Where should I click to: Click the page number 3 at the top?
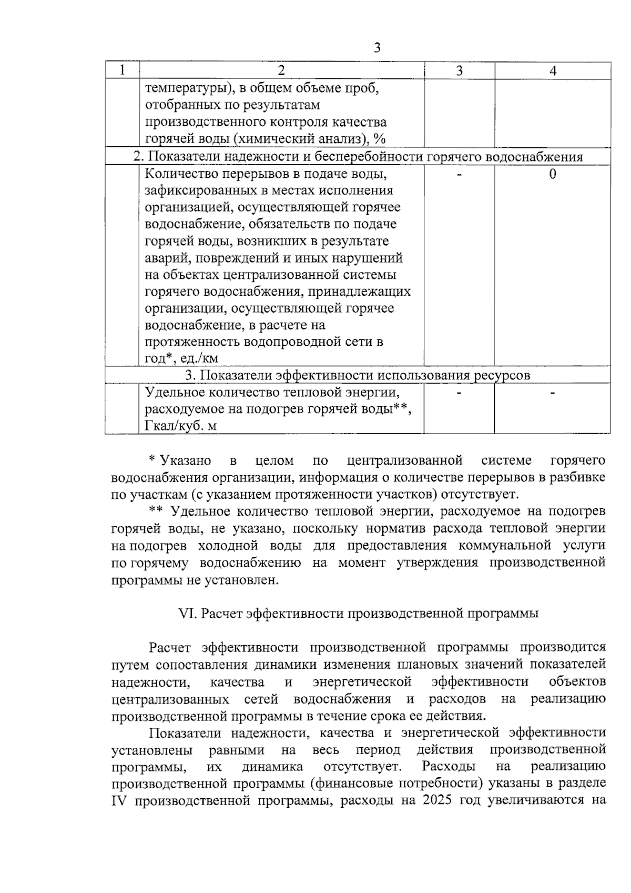click(x=376, y=48)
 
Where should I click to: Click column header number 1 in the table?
click(x=122, y=71)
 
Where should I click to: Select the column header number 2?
click(x=281, y=71)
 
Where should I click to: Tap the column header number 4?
click(x=553, y=71)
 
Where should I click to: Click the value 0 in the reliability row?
click(x=553, y=174)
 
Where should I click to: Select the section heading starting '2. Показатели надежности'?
click(x=358, y=157)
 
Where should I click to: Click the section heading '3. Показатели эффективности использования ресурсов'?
click(x=358, y=375)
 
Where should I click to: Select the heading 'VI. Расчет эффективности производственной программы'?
click(x=359, y=614)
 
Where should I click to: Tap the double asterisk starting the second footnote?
click(x=155, y=510)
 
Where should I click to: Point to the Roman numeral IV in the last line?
click(x=119, y=801)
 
